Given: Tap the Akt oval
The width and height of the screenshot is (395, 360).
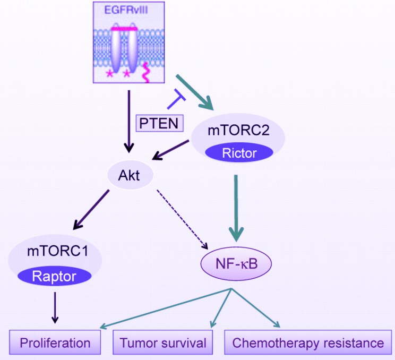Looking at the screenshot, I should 130,176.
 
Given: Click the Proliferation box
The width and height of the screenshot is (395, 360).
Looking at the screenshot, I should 55,342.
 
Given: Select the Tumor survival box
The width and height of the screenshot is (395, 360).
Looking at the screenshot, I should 163,342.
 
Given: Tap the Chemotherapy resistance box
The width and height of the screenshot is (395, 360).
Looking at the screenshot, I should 308,342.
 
